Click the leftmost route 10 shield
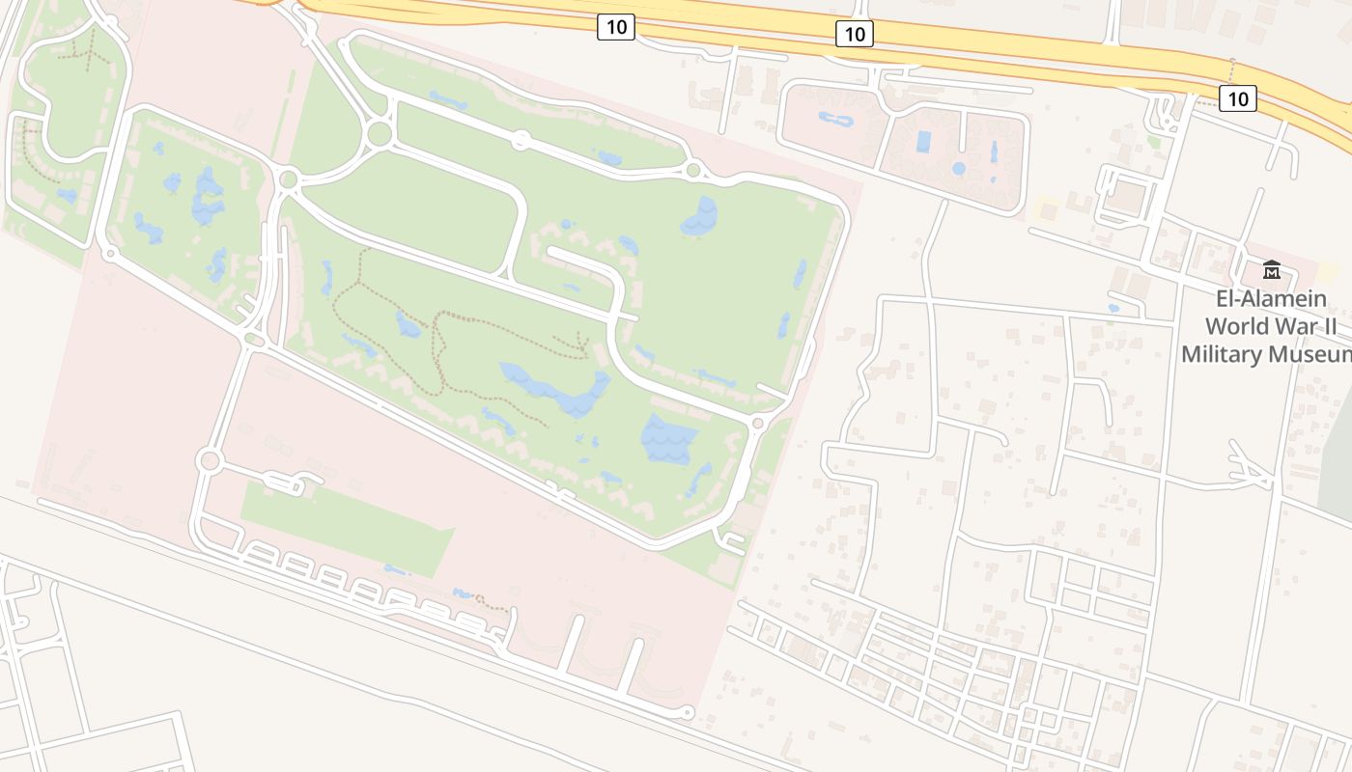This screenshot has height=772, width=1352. pyautogui.click(x=615, y=27)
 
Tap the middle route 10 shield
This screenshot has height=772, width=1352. pyautogui.click(x=855, y=35)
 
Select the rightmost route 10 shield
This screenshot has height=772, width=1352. pyautogui.click(x=1237, y=97)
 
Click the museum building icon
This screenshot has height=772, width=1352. pyautogui.click(x=1271, y=269)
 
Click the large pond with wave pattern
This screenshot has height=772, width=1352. pyautogui.click(x=668, y=439)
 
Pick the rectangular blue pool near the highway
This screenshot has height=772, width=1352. pyautogui.click(x=923, y=142)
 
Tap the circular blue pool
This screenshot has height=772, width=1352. pyautogui.click(x=958, y=168)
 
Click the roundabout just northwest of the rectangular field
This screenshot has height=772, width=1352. pyautogui.click(x=209, y=461)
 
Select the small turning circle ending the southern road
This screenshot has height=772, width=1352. pyautogui.click(x=687, y=713)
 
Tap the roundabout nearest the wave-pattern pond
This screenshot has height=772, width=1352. pyautogui.click(x=757, y=423)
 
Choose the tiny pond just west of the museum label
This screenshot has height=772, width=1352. pyautogui.click(x=1114, y=309)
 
